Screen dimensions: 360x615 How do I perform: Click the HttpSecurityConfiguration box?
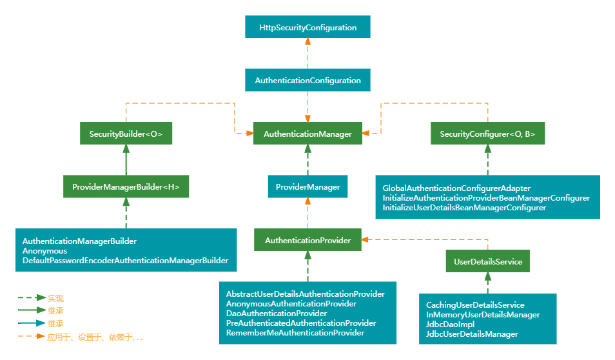(307, 28)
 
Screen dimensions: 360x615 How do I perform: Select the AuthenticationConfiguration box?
(307, 81)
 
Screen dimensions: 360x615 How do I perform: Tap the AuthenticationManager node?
(307, 134)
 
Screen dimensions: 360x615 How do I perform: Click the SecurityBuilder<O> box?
(126, 134)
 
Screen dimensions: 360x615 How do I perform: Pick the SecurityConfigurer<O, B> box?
(487, 134)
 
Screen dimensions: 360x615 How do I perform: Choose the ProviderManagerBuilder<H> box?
(126, 187)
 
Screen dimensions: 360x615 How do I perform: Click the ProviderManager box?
(307, 187)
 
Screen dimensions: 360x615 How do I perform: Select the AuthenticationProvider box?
(307, 240)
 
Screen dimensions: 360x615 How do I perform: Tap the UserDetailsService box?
(487, 261)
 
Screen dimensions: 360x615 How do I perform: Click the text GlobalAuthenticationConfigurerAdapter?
(456, 188)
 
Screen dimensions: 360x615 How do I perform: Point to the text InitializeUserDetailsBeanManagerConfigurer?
(464, 208)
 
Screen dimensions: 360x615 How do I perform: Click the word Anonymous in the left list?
(44, 251)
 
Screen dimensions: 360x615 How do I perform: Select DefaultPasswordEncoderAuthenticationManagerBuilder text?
(125, 261)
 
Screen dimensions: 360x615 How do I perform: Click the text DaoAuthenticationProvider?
(276, 313)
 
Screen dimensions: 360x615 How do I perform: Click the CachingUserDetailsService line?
(475, 305)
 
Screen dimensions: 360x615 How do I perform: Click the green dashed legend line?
(31, 298)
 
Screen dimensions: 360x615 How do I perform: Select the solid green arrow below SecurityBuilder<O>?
(126, 160)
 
